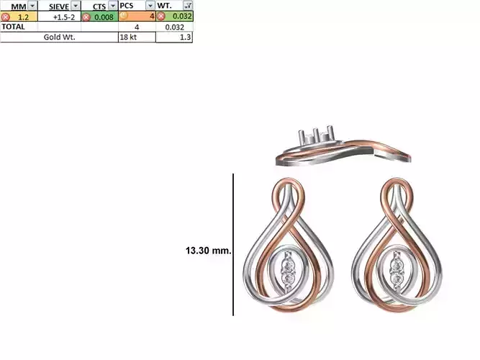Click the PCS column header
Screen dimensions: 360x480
pyautogui.click(x=127, y=6)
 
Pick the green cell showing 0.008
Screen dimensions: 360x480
pyautogui.click(x=103, y=17)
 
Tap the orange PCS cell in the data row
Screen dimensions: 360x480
pyautogui.click(x=137, y=17)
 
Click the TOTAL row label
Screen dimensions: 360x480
pyautogui.click(x=14, y=27)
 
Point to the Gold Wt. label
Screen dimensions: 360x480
pyautogui.click(x=59, y=37)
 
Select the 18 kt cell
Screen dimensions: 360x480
pyautogui.click(x=128, y=37)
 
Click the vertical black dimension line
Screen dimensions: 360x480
pyautogui.click(x=233, y=245)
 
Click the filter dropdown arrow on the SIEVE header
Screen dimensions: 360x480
pyautogui.click(x=76, y=6)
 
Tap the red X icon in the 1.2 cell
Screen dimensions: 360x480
pyautogui.click(x=6, y=17)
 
